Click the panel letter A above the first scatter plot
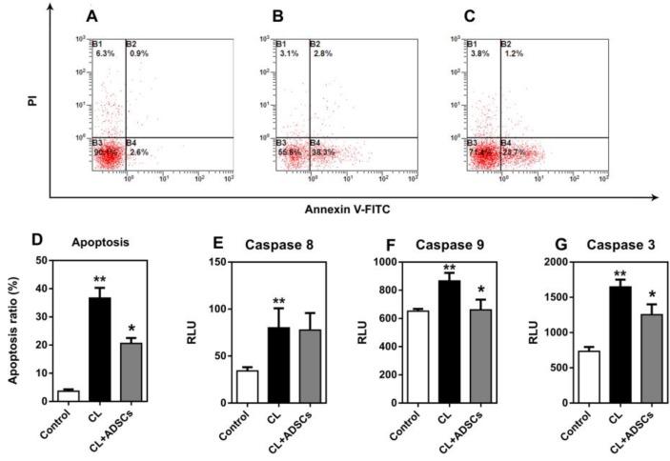(91, 17)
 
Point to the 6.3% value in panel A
(103, 53)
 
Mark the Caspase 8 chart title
(277, 245)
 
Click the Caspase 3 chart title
(599, 245)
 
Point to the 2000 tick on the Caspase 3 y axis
(536, 261)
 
